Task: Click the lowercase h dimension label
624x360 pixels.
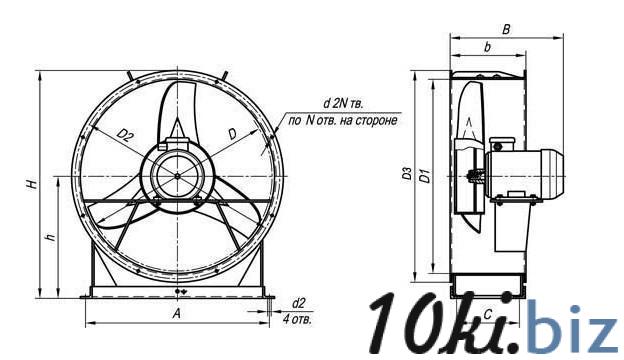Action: coord(51,238)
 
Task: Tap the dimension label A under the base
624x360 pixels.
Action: coord(177,313)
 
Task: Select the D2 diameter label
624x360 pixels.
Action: coord(125,136)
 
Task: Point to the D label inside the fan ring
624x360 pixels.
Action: coord(233,134)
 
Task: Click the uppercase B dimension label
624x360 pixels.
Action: coord(506,29)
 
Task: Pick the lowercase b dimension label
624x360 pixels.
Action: coord(487,47)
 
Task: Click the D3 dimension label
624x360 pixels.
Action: coord(407,174)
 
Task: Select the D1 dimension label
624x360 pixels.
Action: coord(425,175)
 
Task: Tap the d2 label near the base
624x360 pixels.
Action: coord(298,304)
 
